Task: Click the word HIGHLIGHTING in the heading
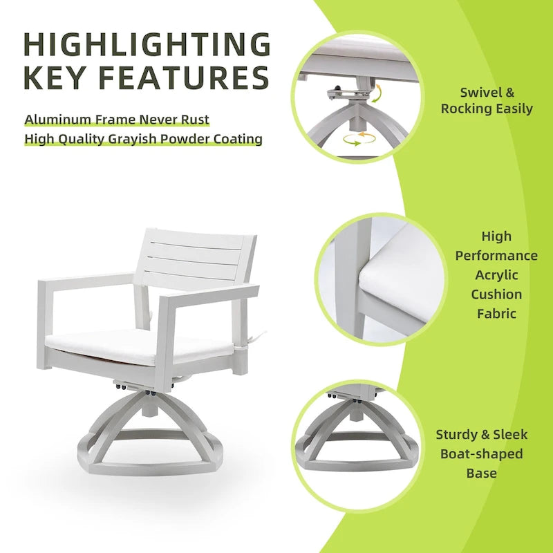(147, 44)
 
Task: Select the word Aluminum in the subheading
(57, 120)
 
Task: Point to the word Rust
(195, 120)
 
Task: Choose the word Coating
(236, 139)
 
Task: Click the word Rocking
(468, 109)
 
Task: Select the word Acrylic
(496, 275)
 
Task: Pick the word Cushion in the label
(496, 294)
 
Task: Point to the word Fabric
(496, 314)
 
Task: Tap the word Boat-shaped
(482, 454)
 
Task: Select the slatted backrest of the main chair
(197, 259)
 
